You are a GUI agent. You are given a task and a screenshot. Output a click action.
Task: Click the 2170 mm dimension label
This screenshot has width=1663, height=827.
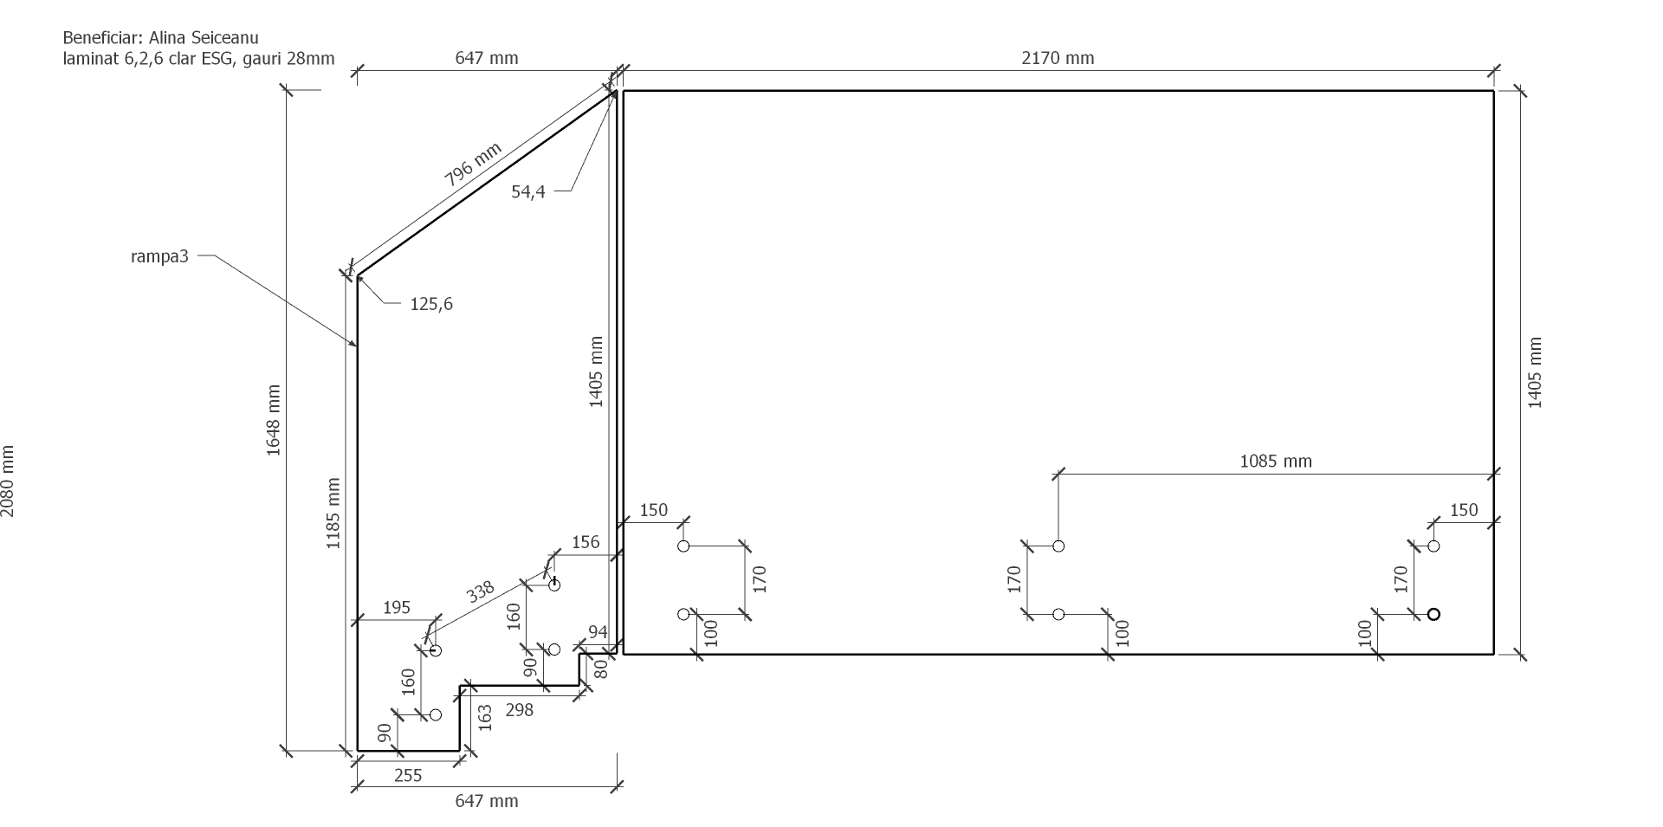point(1058,58)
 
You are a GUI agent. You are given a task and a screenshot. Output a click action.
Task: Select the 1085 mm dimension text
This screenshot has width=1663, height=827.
point(1276,462)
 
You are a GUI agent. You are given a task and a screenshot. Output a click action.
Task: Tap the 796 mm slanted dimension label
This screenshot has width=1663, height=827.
point(473,165)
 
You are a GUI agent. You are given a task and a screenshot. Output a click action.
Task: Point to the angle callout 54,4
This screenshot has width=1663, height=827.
point(528,192)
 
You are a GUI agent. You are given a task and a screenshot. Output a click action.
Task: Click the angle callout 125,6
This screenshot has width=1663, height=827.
point(431,304)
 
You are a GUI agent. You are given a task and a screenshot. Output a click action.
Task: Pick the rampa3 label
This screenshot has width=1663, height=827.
point(159,256)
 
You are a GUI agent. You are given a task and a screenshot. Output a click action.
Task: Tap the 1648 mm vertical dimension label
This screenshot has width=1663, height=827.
point(274,420)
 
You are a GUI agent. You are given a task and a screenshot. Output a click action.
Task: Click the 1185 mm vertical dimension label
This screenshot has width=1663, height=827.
point(333,514)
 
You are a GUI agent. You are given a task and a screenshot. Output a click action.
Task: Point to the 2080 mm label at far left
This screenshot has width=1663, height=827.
point(8,481)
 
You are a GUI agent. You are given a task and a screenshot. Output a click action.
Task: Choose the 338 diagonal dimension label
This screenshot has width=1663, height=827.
point(480,592)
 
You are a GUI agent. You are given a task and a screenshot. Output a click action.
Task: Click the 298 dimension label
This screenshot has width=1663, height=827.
point(519,710)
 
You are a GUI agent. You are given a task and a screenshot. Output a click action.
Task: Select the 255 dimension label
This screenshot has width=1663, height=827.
point(408,776)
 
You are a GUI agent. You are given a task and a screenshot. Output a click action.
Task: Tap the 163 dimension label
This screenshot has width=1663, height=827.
point(484,718)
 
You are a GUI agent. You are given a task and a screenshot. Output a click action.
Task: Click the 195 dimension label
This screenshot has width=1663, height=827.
point(396,608)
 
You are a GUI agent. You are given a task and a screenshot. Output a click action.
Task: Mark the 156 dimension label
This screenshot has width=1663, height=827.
point(586,542)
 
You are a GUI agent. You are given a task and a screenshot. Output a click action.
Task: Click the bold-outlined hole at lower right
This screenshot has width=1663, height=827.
point(1433,614)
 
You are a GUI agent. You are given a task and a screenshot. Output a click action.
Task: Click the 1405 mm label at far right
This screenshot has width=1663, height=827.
point(1534,372)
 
